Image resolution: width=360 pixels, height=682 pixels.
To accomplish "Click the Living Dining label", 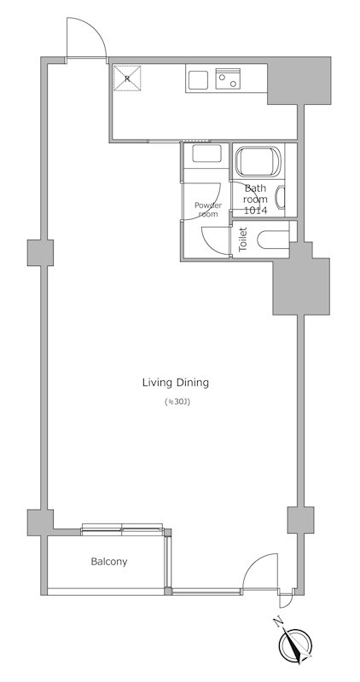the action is tap(176, 383).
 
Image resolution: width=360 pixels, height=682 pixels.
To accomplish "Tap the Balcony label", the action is tap(109, 562).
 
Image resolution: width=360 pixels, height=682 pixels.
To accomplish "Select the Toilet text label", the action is tap(243, 240).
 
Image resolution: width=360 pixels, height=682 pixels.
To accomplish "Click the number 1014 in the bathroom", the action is tap(256, 211).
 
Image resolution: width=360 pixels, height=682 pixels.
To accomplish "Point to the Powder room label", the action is tap(208, 209).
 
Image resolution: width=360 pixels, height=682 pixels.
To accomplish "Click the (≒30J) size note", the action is tap(177, 402).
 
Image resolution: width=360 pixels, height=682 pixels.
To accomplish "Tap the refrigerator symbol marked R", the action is tap(127, 78).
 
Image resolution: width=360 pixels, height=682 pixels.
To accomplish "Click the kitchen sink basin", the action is tap(198, 80).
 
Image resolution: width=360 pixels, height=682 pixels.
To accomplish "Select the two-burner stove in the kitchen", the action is tap(228, 78).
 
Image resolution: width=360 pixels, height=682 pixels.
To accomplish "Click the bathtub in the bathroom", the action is tap(258, 161).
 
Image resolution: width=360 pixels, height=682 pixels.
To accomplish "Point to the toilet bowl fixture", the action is tap(273, 240).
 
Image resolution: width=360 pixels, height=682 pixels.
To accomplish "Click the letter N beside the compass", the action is tap(277, 622).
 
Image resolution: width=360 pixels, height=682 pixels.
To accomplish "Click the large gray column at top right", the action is tap(299, 80).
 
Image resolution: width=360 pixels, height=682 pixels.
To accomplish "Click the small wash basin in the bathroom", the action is tap(281, 198).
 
